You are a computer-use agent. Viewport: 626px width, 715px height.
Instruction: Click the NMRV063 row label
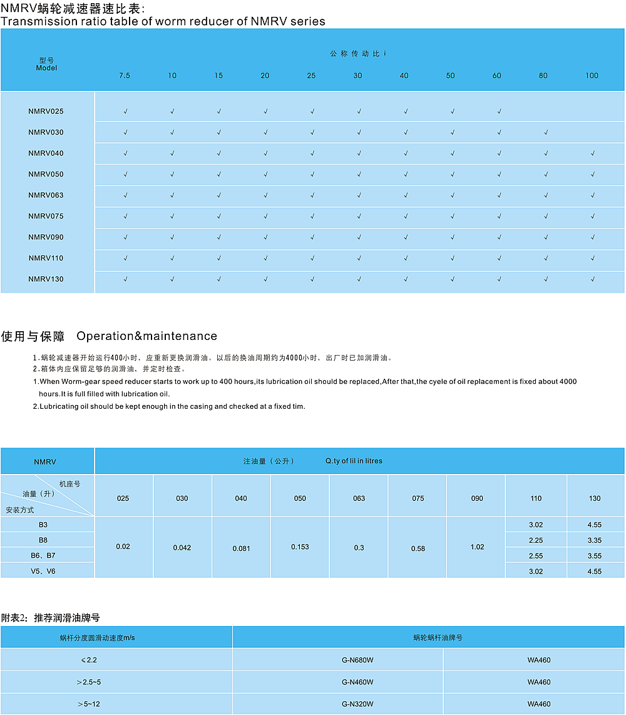click(46, 195)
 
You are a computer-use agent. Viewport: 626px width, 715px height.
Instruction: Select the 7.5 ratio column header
click(125, 76)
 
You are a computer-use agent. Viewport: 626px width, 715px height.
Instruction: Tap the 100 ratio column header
click(592, 76)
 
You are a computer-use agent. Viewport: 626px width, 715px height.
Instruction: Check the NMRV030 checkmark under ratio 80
click(546, 133)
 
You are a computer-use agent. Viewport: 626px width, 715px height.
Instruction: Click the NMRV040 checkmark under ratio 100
click(592, 153)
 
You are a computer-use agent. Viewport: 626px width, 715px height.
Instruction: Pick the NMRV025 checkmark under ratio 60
click(499, 112)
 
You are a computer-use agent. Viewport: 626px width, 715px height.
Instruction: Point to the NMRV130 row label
click(46, 279)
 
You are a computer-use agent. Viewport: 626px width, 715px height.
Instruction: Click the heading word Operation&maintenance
click(146, 336)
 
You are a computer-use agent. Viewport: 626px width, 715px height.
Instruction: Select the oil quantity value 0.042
click(182, 548)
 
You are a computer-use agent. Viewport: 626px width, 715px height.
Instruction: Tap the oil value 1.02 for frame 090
click(477, 547)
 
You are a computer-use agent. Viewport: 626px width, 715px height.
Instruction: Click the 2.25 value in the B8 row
click(535, 540)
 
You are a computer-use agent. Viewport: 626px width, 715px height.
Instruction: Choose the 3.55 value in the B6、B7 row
click(595, 556)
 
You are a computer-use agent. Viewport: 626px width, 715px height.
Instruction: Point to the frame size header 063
click(359, 499)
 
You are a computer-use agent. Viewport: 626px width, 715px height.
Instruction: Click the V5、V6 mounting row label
click(43, 571)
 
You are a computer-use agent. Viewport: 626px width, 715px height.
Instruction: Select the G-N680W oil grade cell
click(357, 661)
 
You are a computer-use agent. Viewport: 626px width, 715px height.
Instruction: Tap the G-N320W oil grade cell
click(357, 704)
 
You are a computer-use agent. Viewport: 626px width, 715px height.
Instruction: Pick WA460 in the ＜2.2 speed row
click(539, 661)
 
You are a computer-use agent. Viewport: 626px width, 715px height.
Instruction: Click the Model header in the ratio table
click(46, 68)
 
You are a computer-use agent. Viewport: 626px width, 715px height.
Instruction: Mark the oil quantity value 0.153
click(300, 547)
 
